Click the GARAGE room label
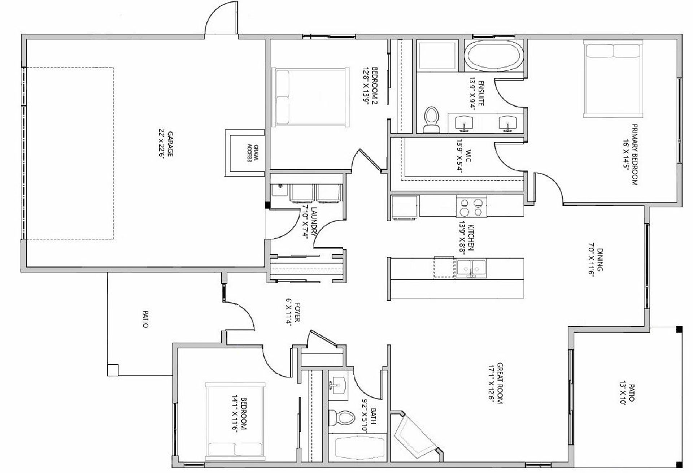coord(166,143)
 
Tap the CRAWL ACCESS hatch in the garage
coord(245,153)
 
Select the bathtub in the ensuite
coord(493,56)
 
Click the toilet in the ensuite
coord(431,120)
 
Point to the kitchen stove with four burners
coord(471,207)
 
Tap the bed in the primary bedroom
coord(613,79)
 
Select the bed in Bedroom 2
coord(310,97)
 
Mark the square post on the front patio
coord(113,370)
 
